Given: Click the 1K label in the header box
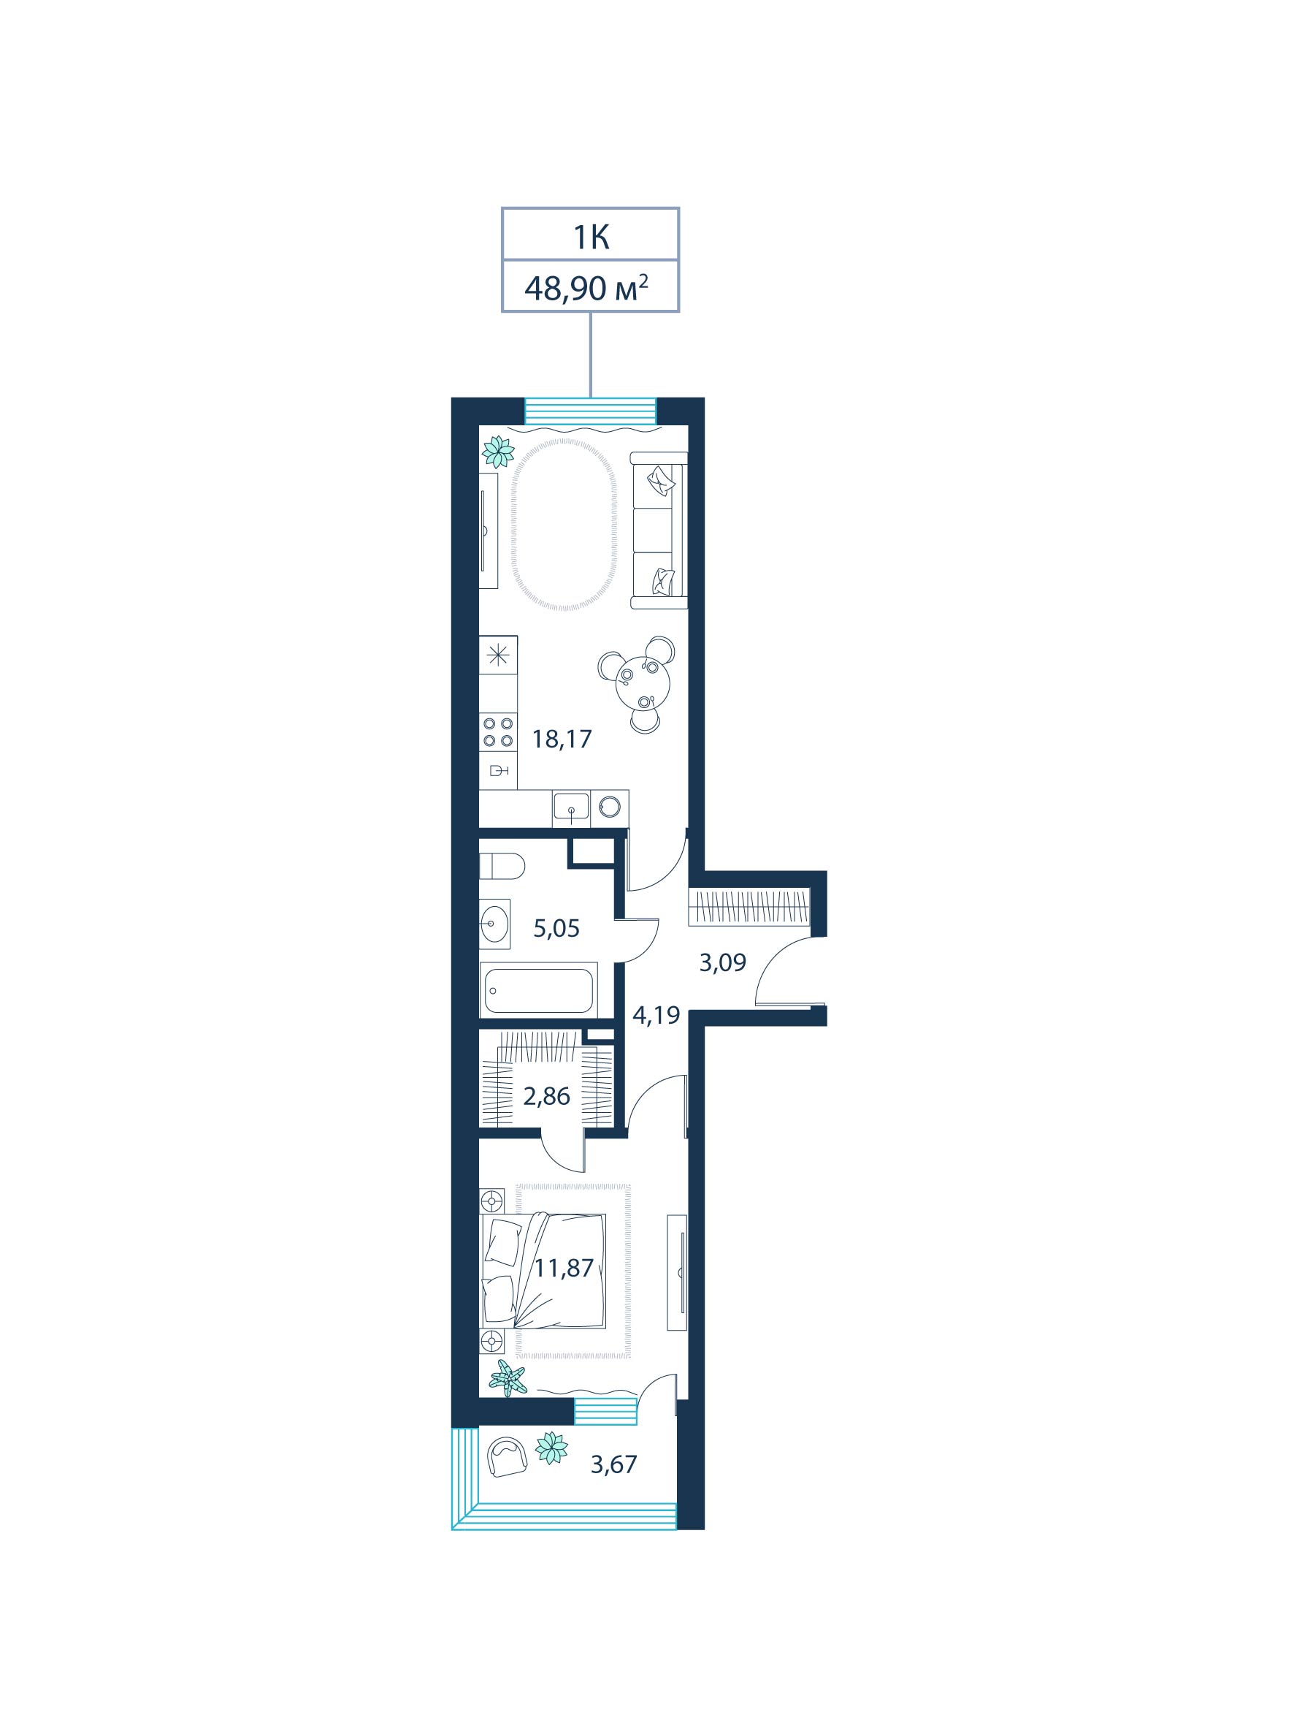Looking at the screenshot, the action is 591,237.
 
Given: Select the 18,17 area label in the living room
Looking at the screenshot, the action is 562,738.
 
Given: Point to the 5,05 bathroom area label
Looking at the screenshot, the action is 556,929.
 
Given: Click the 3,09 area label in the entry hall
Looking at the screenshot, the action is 722,963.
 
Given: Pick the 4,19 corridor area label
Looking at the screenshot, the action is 656,1015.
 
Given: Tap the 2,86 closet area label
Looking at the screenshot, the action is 546,1097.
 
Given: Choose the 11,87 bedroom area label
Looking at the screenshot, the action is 564,1268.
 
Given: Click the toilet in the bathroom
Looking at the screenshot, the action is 502,865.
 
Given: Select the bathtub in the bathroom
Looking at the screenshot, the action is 539,989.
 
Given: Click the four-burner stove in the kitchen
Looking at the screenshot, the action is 497,731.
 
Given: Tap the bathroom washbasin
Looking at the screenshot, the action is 494,924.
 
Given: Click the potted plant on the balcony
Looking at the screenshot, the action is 551,1448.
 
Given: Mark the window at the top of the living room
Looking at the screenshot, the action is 591,411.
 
